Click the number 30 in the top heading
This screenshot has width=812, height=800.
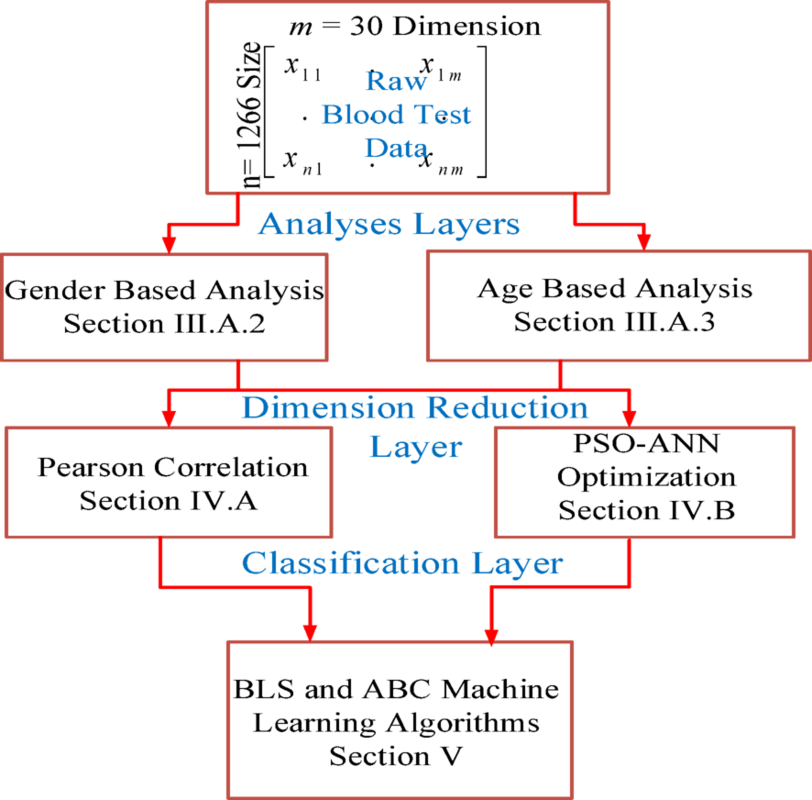pyautogui.click(x=366, y=26)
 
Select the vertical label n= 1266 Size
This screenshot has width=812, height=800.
pyautogui.click(x=250, y=115)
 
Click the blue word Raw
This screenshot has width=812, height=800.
pyautogui.click(x=396, y=81)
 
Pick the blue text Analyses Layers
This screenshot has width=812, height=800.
pyautogui.click(x=389, y=224)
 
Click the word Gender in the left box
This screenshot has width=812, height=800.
pyautogui.click(x=55, y=291)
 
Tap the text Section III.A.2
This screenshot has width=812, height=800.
pyautogui.click(x=164, y=324)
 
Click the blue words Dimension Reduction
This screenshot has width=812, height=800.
pyautogui.click(x=415, y=408)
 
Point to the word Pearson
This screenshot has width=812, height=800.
pyautogui.click(x=91, y=467)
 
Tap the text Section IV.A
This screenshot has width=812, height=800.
pyautogui.click(x=168, y=501)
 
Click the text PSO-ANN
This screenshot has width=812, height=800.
pyautogui.click(x=646, y=444)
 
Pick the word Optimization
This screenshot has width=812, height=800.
pyautogui.click(x=646, y=477)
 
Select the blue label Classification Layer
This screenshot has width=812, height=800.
pyautogui.click(x=402, y=564)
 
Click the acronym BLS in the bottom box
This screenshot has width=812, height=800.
pyautogui.click(x=264, y=689)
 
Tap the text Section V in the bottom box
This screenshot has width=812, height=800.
pyautogui.click(x=395, y=756)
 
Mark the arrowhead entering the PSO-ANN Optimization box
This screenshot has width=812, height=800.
pyautogui.click(x=629, y=417)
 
